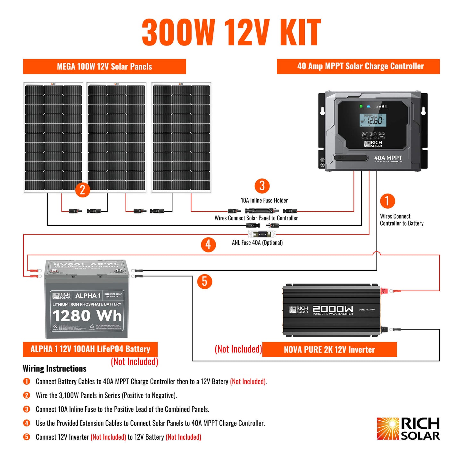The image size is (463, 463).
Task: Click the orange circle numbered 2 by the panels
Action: click(x=82, y=190)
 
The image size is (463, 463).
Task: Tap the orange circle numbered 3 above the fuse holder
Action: click(x=262, y=186)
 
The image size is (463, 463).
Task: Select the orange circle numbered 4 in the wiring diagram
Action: click(x=208, y=244)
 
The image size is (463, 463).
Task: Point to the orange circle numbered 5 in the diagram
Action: click(x=205, y=281)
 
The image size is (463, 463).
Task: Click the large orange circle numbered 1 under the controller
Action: click(x=387, y=201)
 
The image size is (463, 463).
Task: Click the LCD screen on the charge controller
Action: click(x=373, y=120)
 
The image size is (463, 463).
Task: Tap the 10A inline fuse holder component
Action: click(x=262, y=211)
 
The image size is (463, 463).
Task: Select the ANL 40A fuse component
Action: click(x=262, y=234)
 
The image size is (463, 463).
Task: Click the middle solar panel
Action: click(x=117, y=137)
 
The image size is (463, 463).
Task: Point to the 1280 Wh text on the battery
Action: click(x=87, y=316)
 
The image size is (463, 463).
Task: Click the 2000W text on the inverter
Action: click(x=333, y=309)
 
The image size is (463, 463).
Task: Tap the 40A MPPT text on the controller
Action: click(x=388, y=158)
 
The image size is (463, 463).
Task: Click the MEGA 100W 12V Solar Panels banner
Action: click(x=104, y=67)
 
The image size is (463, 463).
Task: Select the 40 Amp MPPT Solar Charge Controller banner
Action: click(x=358, y=66)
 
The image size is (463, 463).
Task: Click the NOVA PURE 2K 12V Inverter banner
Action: click(x=329, y=350)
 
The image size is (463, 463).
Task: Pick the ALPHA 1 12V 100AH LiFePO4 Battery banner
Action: click(x=90, y=349)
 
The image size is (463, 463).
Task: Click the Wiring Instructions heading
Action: click(x=55, y=369)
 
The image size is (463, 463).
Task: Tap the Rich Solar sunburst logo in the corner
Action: click(x=388, y=428)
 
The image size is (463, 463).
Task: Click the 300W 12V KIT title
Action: click(x=231, y=32)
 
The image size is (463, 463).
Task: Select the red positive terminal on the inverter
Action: click(x=383, y=291)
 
